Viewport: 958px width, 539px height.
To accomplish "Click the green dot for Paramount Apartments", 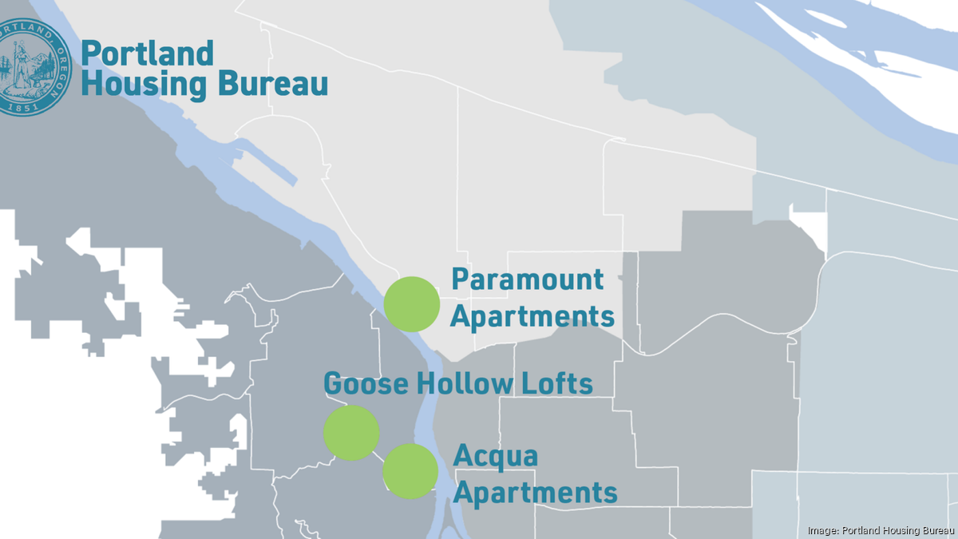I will (412, 304).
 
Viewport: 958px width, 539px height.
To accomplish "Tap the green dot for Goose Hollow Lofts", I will (351, 433).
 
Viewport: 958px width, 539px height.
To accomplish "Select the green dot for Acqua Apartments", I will (410, 471).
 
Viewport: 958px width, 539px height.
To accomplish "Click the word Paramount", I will (528, 280).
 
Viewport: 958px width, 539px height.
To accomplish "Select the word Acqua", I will (496, 457).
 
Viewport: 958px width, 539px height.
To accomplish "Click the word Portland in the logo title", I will (148, 54).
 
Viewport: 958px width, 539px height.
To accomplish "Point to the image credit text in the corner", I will (881, 530).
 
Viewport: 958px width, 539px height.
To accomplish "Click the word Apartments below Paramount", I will (532, 316).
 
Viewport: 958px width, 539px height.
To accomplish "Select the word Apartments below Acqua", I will (536, 493).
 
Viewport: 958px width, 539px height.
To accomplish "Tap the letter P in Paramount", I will (460, 280).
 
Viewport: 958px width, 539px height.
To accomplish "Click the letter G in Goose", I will (332, 384).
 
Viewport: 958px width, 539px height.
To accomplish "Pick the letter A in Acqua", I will (462, 457).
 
